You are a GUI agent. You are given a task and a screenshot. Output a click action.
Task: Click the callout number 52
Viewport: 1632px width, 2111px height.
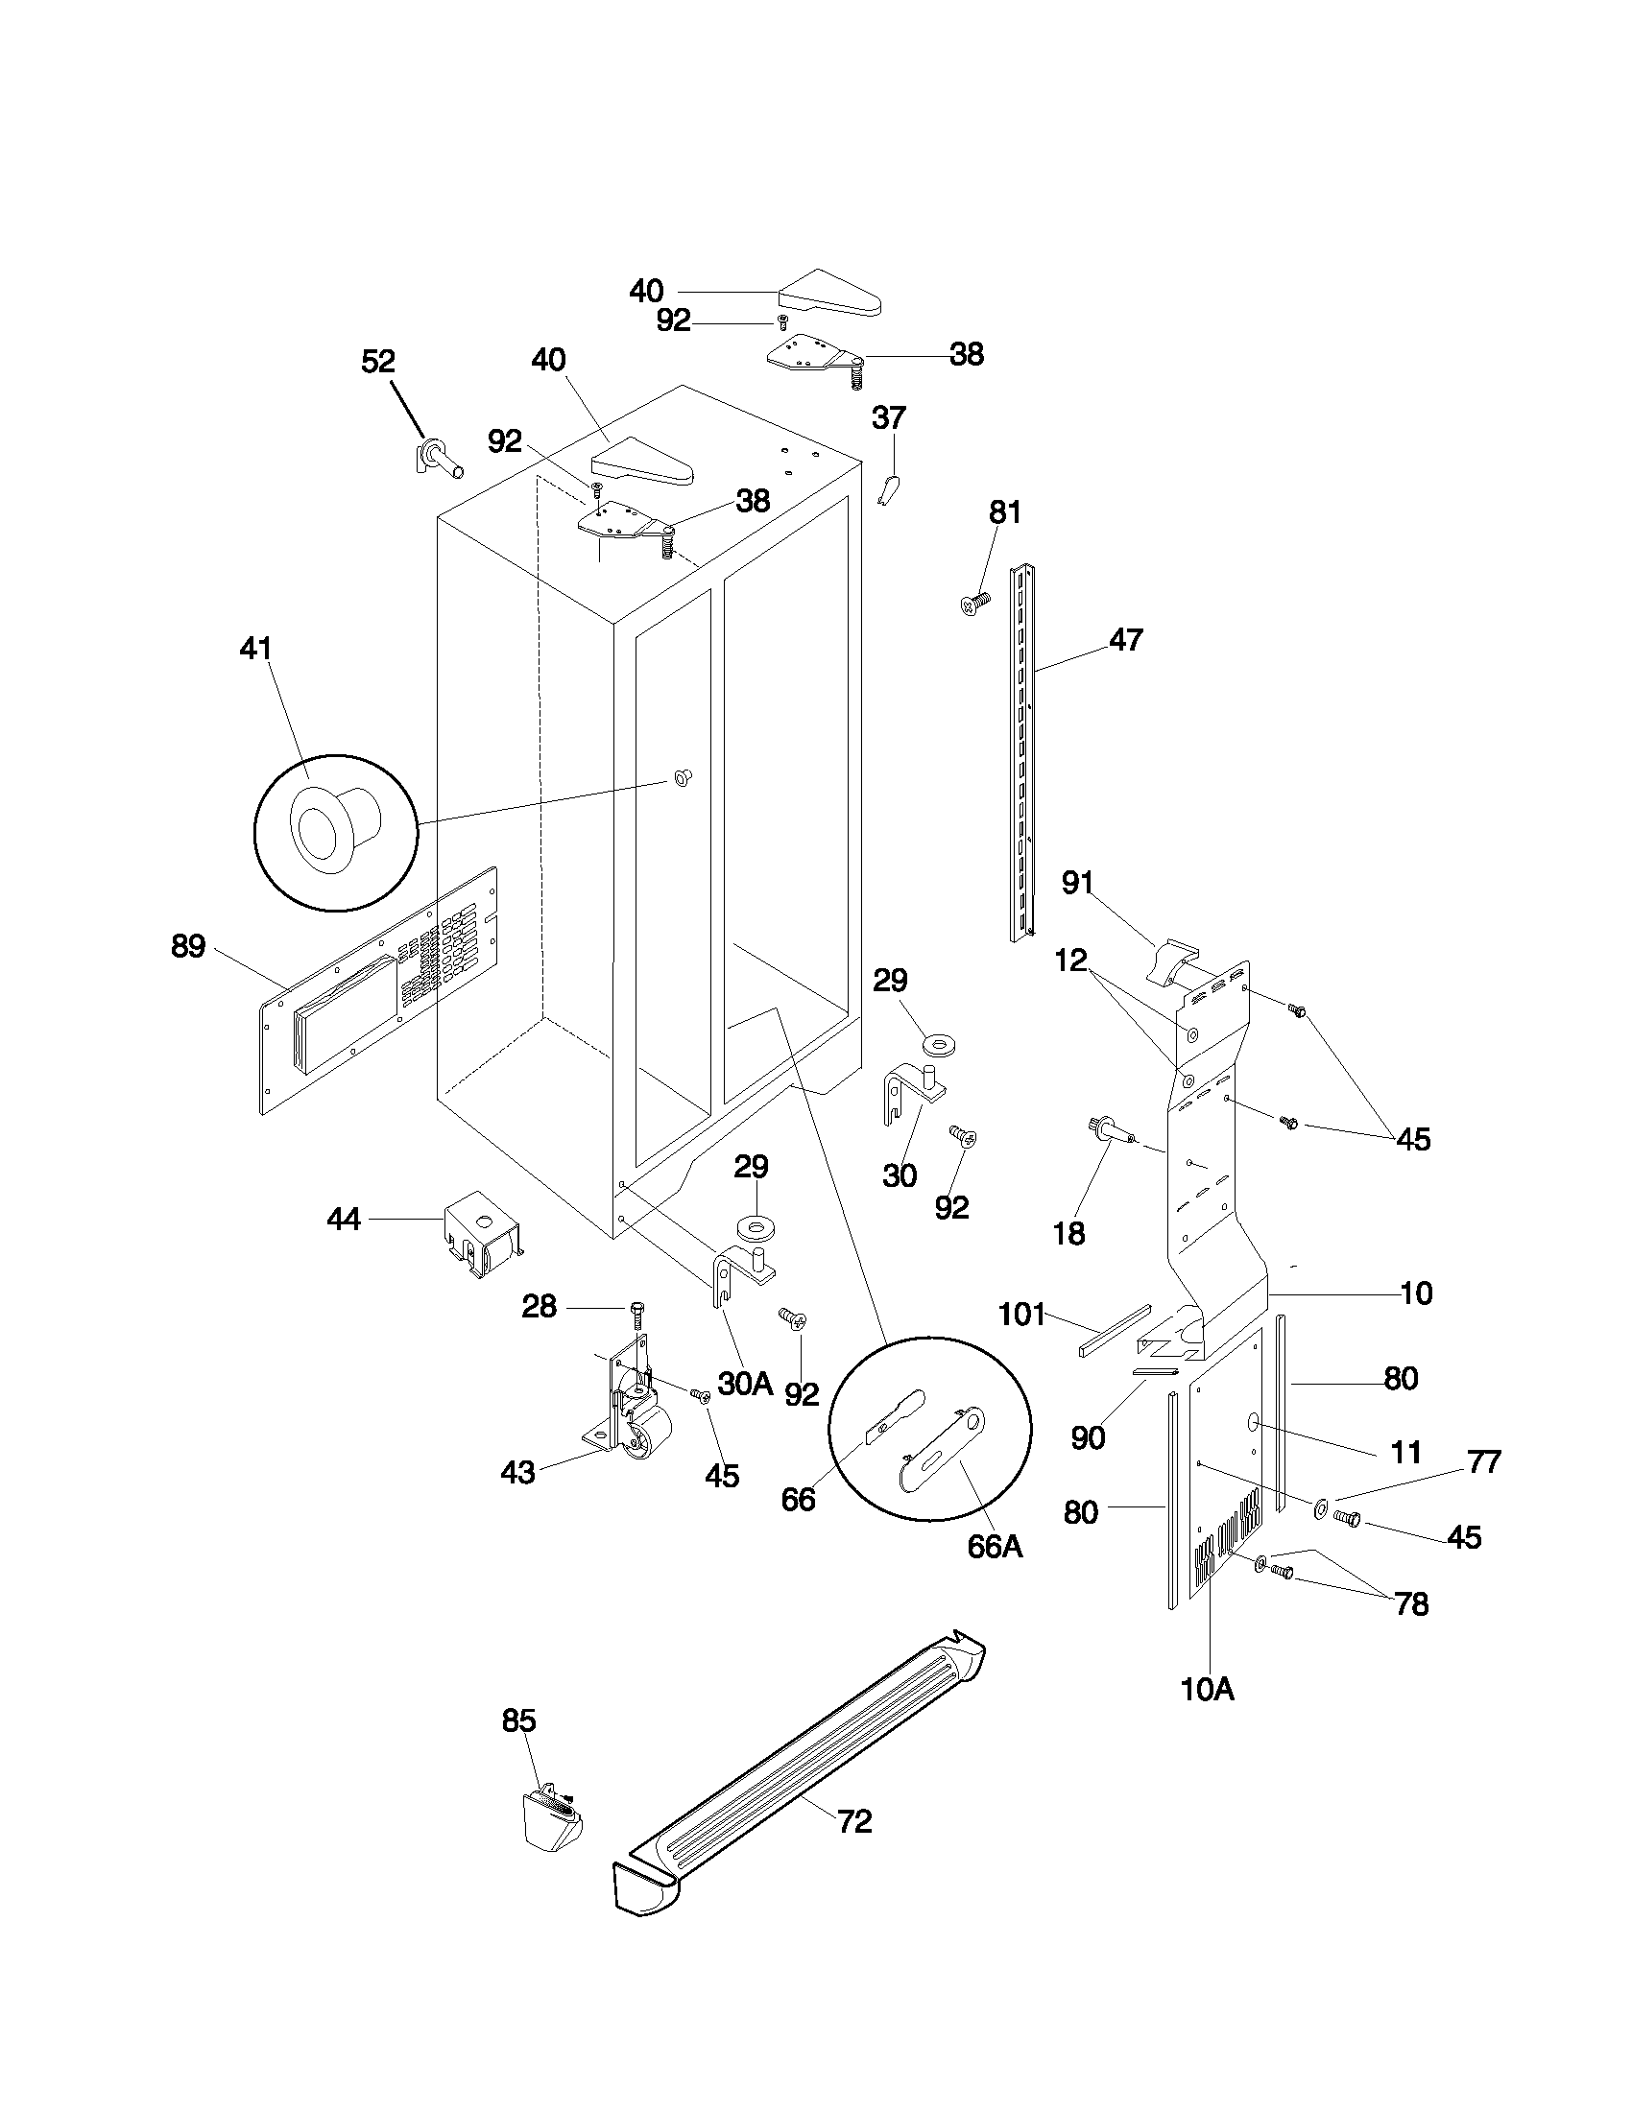click(378, 362)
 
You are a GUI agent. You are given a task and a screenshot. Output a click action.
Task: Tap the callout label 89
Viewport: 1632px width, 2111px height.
click(188, 946)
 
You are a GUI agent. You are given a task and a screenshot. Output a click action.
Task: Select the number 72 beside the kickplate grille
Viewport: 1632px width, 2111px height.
click(853, 1821)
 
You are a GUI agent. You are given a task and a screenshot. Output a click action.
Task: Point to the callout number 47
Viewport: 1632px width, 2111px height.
click(1125, 639)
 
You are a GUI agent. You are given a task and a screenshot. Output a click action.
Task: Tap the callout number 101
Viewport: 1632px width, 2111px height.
click(1022, 1314)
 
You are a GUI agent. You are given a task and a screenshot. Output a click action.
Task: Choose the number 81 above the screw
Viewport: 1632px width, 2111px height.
click(1004, 512)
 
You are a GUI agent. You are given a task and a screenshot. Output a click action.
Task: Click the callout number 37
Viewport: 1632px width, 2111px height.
click(889, 417)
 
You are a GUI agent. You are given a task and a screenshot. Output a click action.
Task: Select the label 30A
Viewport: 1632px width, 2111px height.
click(744, 1383)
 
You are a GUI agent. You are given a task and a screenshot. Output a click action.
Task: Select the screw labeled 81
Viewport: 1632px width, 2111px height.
click(975, 604)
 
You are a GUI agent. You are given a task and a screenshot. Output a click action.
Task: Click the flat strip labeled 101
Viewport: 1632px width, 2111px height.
click(1115, 1332)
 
